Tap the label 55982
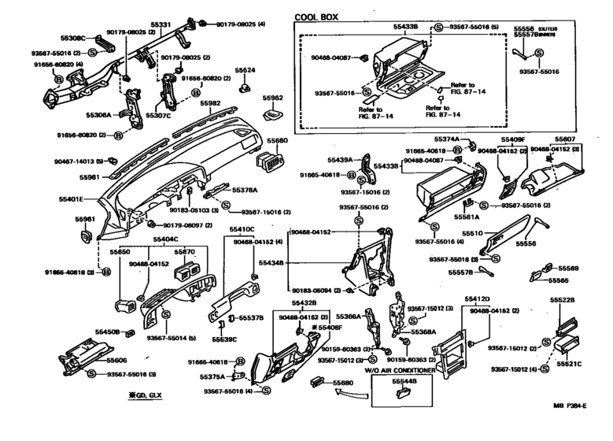209,103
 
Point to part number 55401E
72,200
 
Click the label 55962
272,98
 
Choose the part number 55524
246,70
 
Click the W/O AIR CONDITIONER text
399,369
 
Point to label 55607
565,139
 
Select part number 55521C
569,365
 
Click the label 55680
343,384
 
